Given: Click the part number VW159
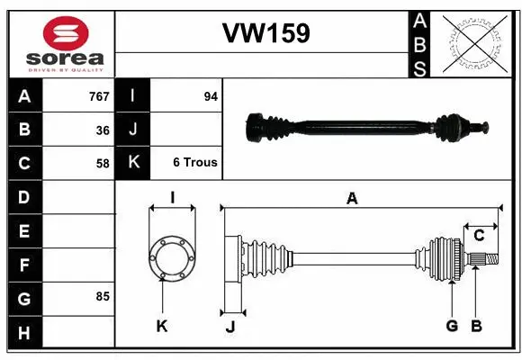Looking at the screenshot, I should [x=265, y=33].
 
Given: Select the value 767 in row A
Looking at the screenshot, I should [x=98, y=96].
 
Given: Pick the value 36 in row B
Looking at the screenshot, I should [x=103, y=130].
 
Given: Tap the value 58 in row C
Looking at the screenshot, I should [x=103, y=164].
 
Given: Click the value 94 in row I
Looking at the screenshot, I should [x=211, y=96].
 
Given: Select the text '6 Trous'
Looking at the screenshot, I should [x=194, y=163].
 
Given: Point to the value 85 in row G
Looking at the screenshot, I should [x=103, y=296].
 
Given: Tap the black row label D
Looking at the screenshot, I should [x=23, y=196].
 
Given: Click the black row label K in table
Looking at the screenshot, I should [x=133, y=163].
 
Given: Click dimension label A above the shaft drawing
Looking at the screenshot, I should [x=352, y=199].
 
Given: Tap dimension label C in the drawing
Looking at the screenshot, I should [x=479, y=236].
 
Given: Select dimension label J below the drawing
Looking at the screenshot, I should [x=230, y=327].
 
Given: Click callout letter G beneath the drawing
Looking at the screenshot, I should [x=452, y=326].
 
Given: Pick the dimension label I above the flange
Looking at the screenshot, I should [x=171, y=197].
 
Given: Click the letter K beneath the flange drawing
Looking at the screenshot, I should [x=162, y=327].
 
